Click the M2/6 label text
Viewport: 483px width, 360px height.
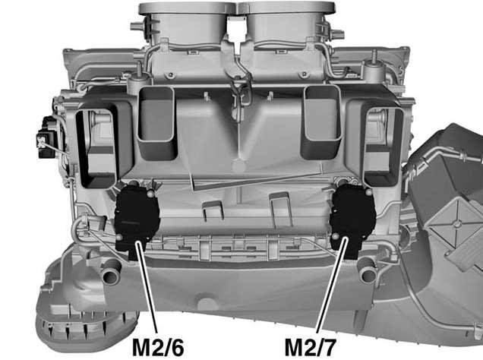click(158, 347)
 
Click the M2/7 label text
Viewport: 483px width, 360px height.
click(310, 347)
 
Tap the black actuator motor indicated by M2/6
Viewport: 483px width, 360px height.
click(137, 220)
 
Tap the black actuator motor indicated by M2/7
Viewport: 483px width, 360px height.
click(353, 219)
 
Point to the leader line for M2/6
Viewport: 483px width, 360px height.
click(147, 288)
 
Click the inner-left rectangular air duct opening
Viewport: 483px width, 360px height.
click(156, 123)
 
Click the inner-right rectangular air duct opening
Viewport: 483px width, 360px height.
click(321, 122)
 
